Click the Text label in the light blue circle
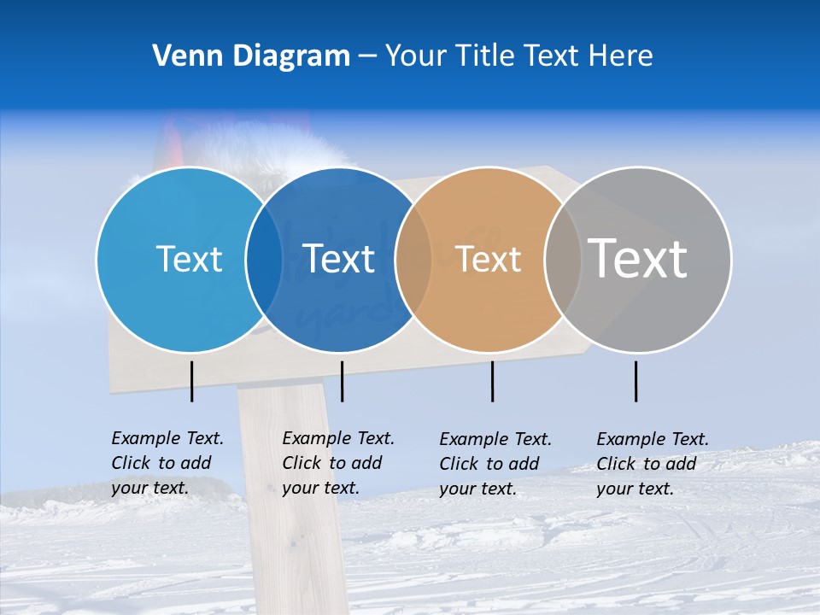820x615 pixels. [x=189, y=259]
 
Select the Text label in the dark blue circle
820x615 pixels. [x=339, y=259]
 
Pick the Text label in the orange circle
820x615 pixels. [x=489, y=260]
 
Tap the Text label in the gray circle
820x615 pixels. [x=638, y=258]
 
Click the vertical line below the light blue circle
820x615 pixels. [x=191, y=381]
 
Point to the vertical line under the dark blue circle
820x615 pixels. [x=342, y=381]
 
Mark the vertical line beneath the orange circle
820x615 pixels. [x=492, y=381]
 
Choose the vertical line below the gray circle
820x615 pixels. [x=635, y=381]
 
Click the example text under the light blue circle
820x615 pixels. [x=167, y=463]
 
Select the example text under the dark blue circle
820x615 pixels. [x=338, y=463]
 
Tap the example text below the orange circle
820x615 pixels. [x=495, y=464]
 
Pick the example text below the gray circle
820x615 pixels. [x=653, y=464]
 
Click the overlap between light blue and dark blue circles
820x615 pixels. [x=264, y=259]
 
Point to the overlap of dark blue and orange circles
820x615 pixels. [x=413, y=259]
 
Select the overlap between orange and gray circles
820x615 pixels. [x=563, y=259]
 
